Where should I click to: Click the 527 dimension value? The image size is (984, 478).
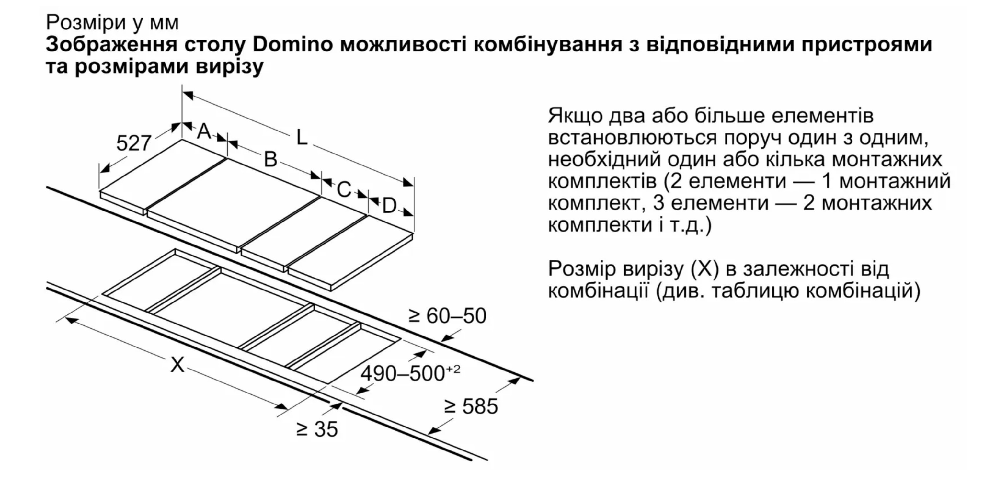(x=134, y=143)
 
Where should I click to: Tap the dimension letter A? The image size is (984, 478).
(x=204, y=132)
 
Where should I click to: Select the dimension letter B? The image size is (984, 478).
(x=270, y=159)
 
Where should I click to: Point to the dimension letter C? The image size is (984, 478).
(x=344, y=189)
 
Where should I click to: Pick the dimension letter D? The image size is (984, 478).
(x=389, y=206)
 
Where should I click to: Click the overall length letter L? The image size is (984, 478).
(x=302, y=137)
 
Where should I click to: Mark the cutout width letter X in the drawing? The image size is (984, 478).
(x=177, y=365)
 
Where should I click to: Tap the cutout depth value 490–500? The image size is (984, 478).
(x=403, y=373)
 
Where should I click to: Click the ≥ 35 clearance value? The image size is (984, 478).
(x=317, y=429)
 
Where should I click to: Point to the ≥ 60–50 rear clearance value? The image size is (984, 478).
(x=447, y=316)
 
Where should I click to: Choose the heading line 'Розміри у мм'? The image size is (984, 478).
(x=112, y=23)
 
